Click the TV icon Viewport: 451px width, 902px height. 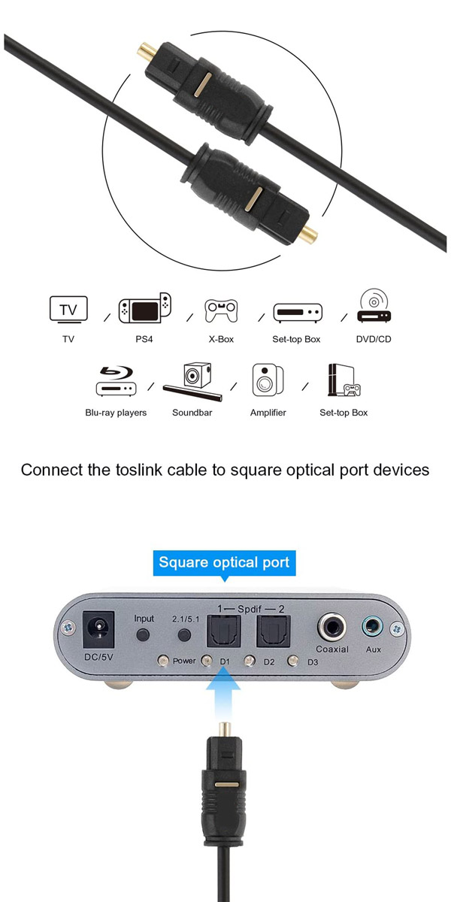click(68, 310)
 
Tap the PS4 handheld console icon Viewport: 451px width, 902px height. click(144, 308)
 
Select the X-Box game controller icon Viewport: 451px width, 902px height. click(221, 310)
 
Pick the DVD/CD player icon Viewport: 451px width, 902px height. click(374, 305)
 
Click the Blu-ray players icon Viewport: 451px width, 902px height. click(116, 380)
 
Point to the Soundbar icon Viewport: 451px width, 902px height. click(193, 382)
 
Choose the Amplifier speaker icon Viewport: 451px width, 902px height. click(268, 380)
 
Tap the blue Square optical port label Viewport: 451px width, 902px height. click(224, 562)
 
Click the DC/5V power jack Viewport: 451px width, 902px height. click(98, 630)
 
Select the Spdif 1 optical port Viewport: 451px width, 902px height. click(223, 631)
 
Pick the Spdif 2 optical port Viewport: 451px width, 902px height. click(274, 631)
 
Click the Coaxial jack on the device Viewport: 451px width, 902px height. click(331, 627)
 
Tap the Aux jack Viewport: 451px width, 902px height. click(372, 627)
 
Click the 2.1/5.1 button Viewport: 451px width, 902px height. click(184, 635)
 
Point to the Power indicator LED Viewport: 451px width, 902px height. click(163, 661)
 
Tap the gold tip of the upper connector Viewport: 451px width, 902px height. click(147, 51)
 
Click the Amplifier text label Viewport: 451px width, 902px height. click(268, 413)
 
